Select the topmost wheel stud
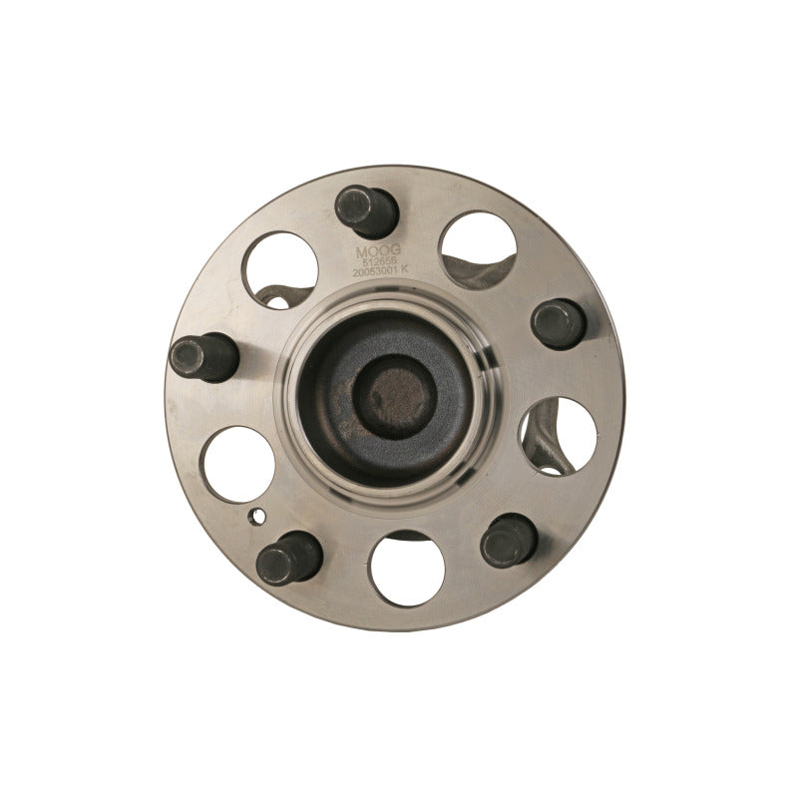coord(366,210)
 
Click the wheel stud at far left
coord(202,356)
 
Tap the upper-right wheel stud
coord(558,323)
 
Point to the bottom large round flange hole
coord(407,569)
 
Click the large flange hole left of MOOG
coord(280,269)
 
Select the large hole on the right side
coord(559,435)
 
